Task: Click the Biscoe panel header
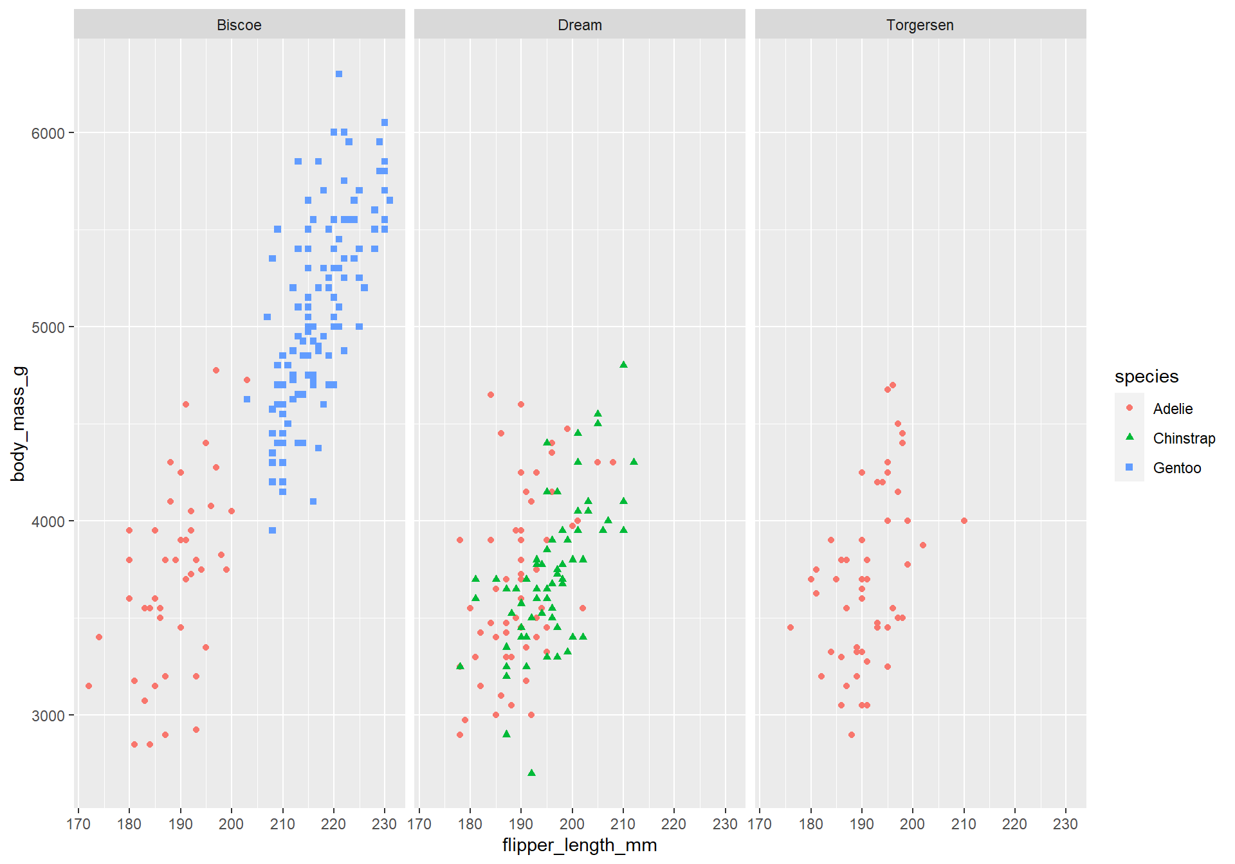click(x=239, y=25)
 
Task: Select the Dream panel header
click(x=580, y=25)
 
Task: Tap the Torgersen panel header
click(x=920, y=25)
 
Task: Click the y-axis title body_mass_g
click(x=19, y=424)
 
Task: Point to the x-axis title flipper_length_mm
click(x=580, y=845)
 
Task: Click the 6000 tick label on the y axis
click(x=48, y=133)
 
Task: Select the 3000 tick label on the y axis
click(x=48, y=715)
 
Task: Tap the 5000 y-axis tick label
click(x=48, y=328)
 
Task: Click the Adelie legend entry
click(x=1172, y=409)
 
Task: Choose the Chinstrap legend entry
click(x=1184, y=438)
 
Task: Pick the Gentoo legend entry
click(x=1176, y=468)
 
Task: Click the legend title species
click(x=1146, y=377)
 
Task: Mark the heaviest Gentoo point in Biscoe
click(x=339, y=74)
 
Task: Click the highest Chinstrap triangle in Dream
click(x=623, y=364)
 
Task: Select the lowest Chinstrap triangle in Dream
click(x=531, y=773)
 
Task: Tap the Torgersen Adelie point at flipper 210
click(x=964, y=521)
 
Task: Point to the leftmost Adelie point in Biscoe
click(x=89, y=686)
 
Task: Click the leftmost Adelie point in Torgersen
click(x=791, y=627)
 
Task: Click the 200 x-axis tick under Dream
click(x=572, y=824)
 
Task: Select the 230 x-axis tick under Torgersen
click(x=1065, y=824)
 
